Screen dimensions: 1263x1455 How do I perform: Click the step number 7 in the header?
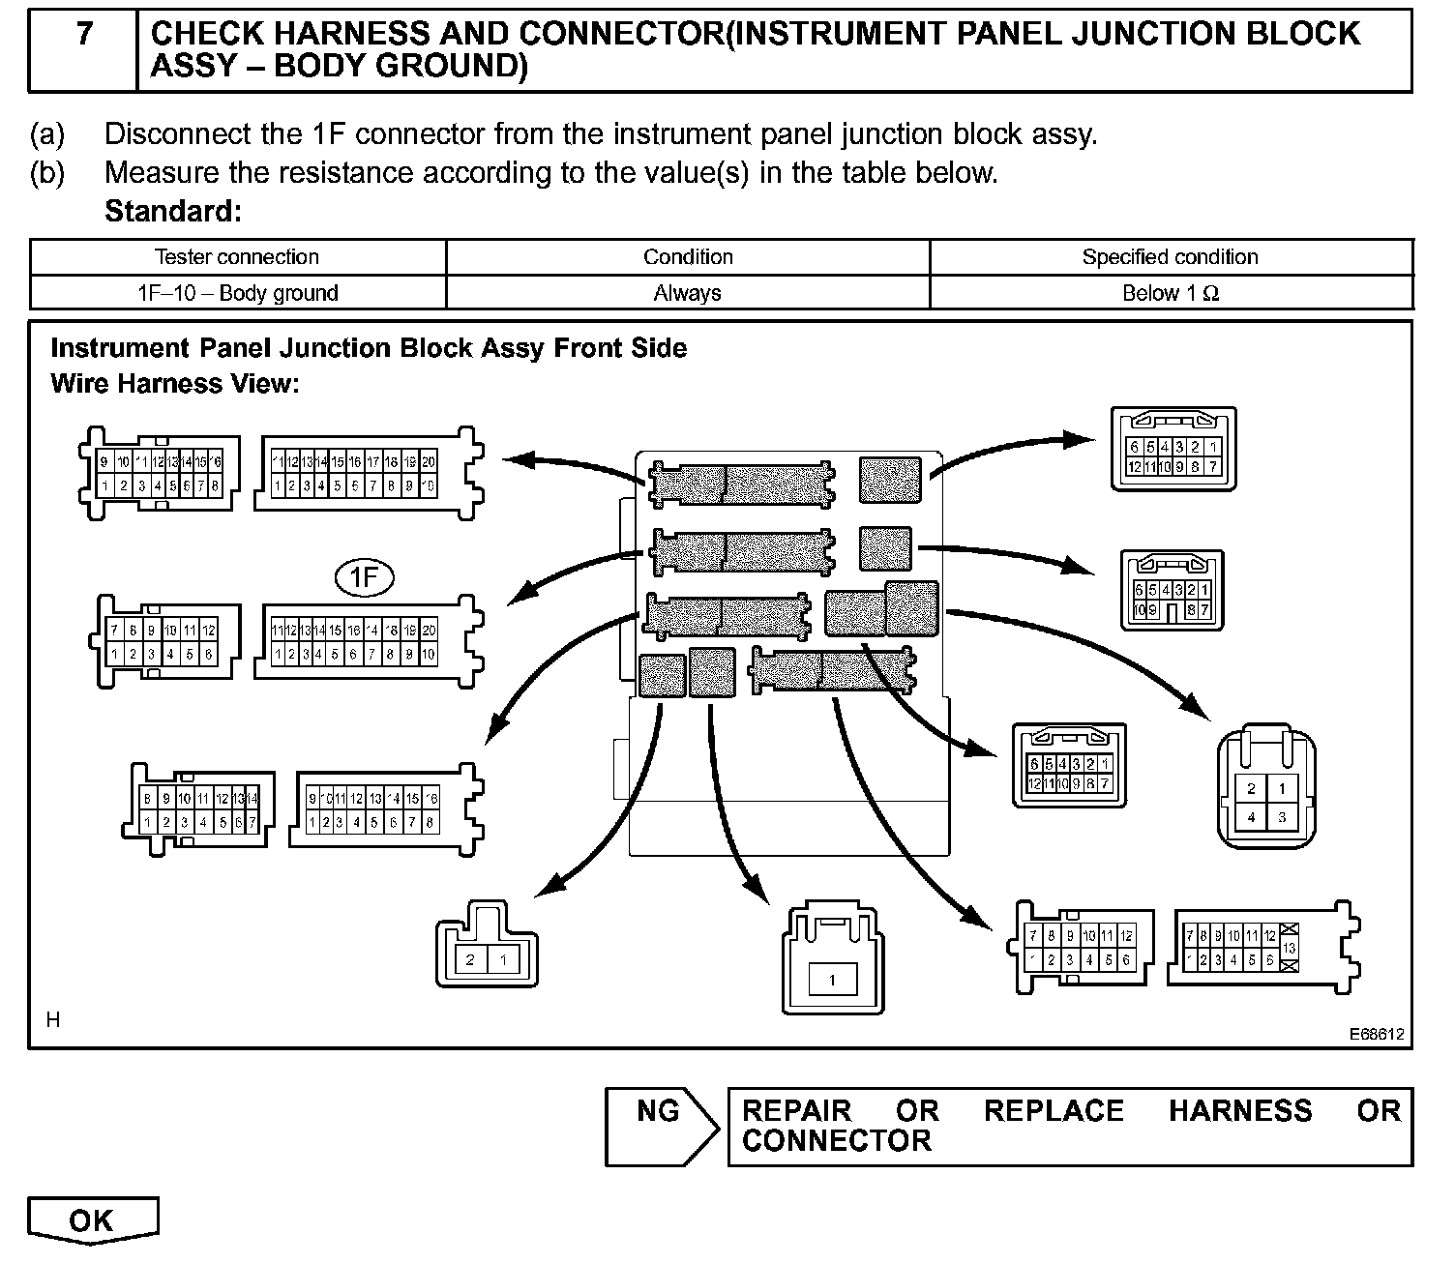point(85,35)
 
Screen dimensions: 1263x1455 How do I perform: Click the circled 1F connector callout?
point(365,578)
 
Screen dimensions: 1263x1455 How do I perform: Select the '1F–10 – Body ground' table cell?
point(238,293)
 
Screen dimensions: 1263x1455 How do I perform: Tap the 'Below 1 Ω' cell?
point(1171,293)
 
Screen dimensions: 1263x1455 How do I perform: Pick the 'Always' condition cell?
point(687,293)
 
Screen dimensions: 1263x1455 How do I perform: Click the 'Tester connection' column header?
point(237,257)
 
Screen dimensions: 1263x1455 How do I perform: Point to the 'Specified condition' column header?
point(1170,257)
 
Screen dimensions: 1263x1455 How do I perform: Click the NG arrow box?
point(660,1126)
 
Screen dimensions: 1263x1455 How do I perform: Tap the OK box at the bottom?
point(92,1220)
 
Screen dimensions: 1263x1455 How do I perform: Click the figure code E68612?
point(1377,1034)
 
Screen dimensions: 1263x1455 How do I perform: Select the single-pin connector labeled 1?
point(832,959)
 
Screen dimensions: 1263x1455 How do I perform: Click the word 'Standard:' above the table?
point(172,211)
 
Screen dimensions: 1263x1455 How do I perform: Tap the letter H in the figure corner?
point(53,1019)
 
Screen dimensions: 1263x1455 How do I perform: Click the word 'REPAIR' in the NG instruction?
point(796,1110)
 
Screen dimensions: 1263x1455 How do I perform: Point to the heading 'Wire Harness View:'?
point(175,384)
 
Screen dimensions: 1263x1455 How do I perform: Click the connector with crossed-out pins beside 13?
point(1262,945)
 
